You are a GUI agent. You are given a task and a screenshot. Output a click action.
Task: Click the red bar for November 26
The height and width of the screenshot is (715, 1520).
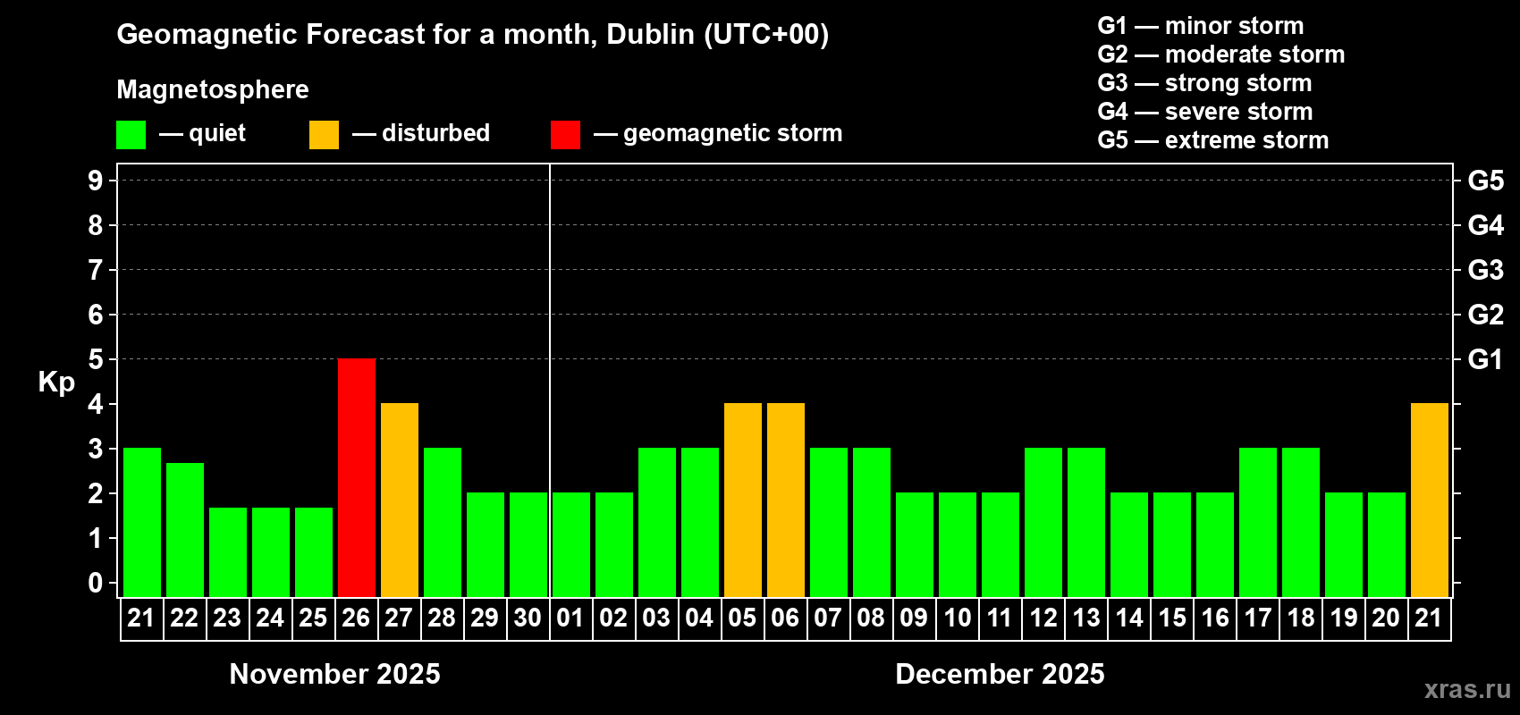point(357,477)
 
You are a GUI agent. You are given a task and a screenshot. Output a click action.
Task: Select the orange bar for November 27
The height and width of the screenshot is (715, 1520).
point(400,500)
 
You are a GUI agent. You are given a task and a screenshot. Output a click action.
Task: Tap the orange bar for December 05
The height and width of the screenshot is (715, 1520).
point(743,500)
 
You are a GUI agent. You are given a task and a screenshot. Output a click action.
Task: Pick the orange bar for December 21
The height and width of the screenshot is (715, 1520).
point(1429,500)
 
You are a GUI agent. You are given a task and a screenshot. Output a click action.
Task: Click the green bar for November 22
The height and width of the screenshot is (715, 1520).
point(185,529)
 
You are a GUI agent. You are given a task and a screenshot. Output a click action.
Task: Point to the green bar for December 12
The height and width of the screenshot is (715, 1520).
point(1043,522)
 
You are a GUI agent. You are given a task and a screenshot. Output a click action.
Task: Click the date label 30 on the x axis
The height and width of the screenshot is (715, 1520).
point(528,618)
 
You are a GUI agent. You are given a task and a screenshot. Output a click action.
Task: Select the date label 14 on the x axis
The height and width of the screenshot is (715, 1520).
point(1129,618)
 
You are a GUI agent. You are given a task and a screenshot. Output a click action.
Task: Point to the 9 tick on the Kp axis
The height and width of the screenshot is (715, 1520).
point(96,181)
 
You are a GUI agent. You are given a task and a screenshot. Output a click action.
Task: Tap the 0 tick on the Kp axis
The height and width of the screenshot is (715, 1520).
point(96,583)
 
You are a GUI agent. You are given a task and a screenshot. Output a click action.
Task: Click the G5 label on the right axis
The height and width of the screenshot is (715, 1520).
point(1485,181)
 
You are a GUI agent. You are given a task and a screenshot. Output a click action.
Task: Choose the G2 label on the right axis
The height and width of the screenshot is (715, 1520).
point(1485,315)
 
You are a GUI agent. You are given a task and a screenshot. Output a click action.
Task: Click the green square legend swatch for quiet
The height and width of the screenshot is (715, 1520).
point(131,135)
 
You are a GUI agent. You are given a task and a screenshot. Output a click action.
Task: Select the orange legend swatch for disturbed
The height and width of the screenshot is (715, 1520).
point(324,135)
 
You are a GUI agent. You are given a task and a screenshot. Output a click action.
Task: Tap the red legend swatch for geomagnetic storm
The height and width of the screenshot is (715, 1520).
point(565,135)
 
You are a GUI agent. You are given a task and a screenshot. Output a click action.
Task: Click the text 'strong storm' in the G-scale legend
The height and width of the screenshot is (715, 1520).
point(1238,83)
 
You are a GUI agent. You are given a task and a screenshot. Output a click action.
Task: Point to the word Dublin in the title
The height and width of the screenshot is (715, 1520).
point(651,34)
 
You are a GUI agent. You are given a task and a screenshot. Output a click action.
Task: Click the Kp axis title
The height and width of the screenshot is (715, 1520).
point(56,382)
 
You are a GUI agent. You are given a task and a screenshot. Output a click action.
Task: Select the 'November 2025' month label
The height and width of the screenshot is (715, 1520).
point(334,674)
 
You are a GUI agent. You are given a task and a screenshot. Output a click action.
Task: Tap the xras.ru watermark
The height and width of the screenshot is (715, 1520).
point(1467,689)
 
